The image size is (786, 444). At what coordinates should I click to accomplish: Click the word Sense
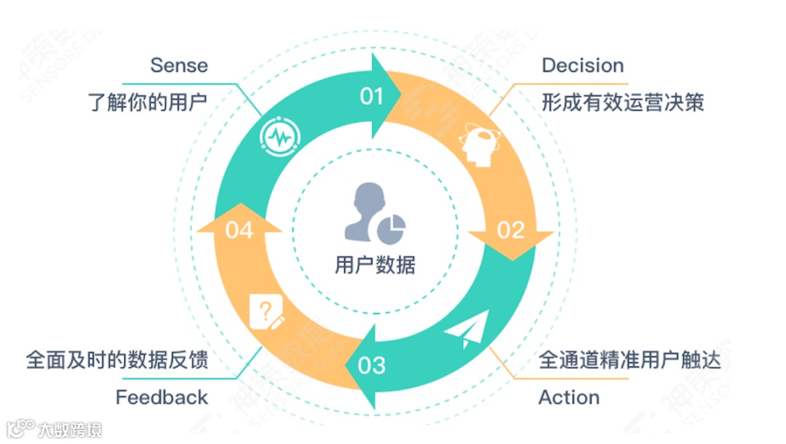coord(179,65)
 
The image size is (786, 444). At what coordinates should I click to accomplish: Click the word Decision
coord(582,65)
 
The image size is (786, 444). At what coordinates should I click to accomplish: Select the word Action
coord(568,397)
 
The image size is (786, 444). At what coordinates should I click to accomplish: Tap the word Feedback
coord(162,397)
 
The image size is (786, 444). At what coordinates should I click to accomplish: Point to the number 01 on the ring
coord(372,96)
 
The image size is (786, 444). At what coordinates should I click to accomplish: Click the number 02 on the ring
coord(510,230)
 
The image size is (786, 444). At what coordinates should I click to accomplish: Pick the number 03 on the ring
coord(372,364)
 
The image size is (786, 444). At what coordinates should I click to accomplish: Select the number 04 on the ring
coord(239,230)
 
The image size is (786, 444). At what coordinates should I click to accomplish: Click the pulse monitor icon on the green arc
coord(279,135)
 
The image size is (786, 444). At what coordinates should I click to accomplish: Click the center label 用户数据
coord(375,265)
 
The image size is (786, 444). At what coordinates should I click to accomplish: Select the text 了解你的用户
coord(148,102)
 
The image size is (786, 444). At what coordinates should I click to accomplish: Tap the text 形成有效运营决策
coord(622,102)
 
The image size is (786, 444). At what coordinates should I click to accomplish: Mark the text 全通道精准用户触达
coord(630,360)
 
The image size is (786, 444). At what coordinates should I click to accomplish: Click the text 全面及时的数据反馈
coord(117,360)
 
